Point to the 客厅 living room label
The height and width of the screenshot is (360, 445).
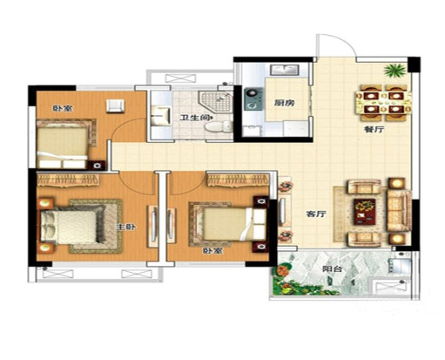(x=316, y=214)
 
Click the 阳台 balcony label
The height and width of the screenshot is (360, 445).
(x=332, y=269)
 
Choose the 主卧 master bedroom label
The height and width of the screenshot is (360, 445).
(x=126, y=227)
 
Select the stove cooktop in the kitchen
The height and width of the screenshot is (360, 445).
(x=253, y=99)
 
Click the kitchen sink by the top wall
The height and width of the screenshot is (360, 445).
(x=285, y=70)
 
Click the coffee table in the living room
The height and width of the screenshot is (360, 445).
(x=364, y=212)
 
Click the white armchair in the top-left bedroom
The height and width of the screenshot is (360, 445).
(x=115, y=105)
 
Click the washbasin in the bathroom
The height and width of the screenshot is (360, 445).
(x=160, y=116)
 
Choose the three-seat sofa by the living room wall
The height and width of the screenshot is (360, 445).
(x=399, y=210)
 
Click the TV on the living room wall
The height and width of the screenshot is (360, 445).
(x=282, y=211)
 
